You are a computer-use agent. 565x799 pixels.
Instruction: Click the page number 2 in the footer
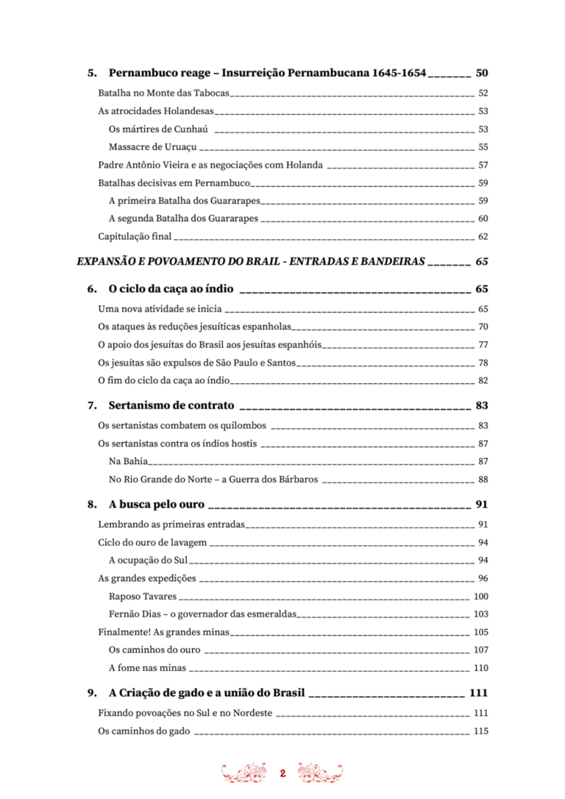pos(282,774)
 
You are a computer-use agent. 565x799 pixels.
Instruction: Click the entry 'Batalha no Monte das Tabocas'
pos(164,93)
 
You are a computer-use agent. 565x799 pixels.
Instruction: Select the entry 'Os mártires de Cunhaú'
pos(157,129)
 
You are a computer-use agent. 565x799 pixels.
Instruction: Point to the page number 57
pos(483,165)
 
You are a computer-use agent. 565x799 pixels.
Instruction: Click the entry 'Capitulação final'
pos(135,237)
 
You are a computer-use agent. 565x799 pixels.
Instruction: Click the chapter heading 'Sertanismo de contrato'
pos(171,405)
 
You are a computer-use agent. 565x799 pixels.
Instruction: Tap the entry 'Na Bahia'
pos(128,461)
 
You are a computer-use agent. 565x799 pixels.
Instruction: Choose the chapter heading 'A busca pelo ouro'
pos(157,505)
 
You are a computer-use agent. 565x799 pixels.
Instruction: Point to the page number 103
pos(481,614)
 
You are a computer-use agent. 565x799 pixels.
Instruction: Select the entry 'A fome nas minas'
pos(147,669)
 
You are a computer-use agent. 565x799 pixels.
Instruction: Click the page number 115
pos(481,731)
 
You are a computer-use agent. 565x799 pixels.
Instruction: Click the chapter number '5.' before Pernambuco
pos(92,73)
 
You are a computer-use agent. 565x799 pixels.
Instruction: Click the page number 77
pos(483,344)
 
